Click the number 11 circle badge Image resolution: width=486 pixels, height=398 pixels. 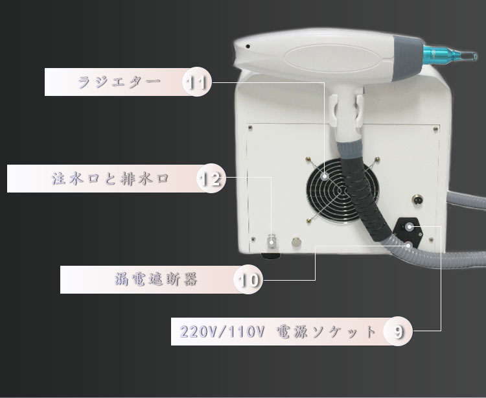click(x=197, y=82)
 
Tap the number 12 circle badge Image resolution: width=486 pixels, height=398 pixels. click(x=211, y=178)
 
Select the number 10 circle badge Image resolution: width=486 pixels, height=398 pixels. click(x=248, y=279)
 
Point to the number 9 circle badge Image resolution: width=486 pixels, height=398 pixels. click(x=398, y=331)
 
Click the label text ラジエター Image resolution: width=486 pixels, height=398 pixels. click(x=119, y=82)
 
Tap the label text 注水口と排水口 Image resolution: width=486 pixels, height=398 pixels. click(x=110, y=179)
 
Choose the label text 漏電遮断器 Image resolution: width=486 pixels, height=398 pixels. click(x=156, y=279)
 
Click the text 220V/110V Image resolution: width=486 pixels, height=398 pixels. click(x=222, y=332)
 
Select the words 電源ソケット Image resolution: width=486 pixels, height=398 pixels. click(x=326, y=332)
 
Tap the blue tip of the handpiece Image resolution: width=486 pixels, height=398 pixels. click(x=450, y=55)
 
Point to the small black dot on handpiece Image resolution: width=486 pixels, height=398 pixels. click(x=248, y=47)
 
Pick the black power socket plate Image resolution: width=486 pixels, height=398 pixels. click(x=408, y=232)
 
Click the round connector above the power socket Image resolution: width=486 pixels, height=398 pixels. click(x=417, y=199)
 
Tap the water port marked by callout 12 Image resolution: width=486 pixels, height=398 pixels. click(x=272, y=241)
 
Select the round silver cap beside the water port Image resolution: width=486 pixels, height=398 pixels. click(x=296, y=242)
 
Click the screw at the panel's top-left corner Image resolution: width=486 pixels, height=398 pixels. click(x=250, y=128)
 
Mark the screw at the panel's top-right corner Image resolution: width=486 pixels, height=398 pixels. click(x=435, y=128)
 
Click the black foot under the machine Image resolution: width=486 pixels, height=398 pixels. click(x=270, y=256)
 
